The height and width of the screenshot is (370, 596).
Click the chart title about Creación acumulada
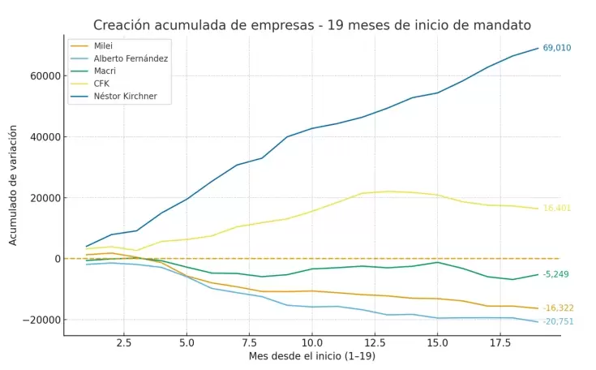(313, 25)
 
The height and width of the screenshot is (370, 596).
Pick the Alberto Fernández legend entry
(130, 58)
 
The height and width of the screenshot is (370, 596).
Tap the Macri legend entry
(106, 71)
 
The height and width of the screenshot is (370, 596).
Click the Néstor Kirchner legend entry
(126, 97)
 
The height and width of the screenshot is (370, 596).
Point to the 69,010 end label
(557, 48)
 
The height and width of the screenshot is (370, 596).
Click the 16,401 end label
(557, 209)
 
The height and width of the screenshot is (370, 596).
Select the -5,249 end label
(555, 274)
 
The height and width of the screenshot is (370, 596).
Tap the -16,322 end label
(558, 308)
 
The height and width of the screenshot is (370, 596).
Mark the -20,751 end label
(558, 321)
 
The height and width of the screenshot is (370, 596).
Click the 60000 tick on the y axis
(45, 76)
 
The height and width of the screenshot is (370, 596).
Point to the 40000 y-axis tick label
(45, 137)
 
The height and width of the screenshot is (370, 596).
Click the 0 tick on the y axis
(57, 259)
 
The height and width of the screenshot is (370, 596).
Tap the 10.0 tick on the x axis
(311, 342)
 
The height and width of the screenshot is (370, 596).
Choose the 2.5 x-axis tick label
(123, 342)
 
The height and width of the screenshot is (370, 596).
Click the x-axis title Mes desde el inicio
(312, 356)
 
